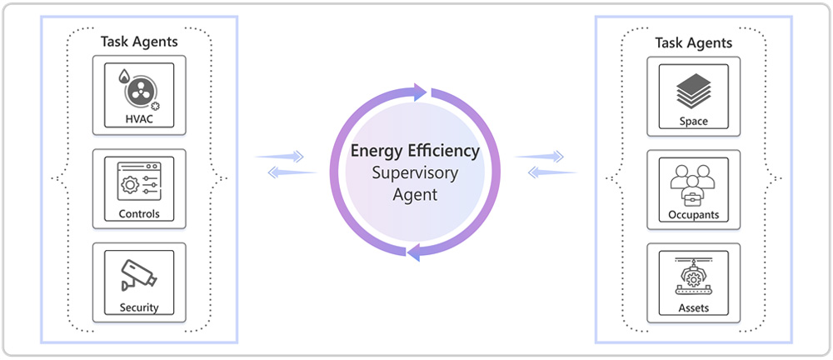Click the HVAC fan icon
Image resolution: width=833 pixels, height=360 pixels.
coord(138,90)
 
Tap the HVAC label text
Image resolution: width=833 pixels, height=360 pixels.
coord(139,120)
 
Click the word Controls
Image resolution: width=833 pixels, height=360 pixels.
coord(139,214)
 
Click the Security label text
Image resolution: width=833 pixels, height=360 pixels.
coord(139,307)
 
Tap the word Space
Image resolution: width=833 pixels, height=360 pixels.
coord(693,122)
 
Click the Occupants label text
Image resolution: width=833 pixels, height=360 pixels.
coord(693,215)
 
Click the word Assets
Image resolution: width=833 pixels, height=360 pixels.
coord(693,308)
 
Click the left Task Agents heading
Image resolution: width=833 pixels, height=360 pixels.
coord(139,41)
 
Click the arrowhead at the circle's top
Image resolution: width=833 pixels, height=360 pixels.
coord(421,90)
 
